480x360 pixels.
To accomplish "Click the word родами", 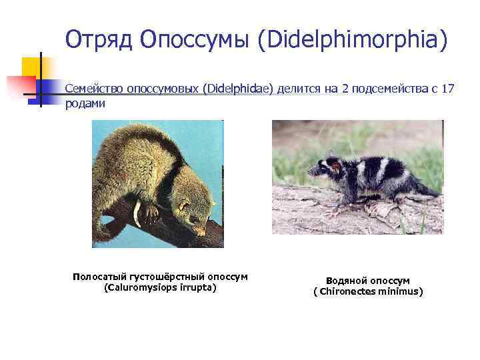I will click(85, 105).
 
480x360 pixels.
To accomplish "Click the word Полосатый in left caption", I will click(97, 277).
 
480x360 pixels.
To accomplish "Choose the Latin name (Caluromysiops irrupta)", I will click(161, 287).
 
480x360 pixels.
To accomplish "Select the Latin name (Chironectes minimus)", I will click(368, 291).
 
